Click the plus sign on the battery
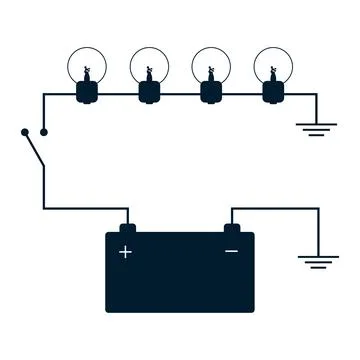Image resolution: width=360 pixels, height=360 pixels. pyautogui.click(x=125, y=251)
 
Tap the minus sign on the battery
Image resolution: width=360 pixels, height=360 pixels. pyautogui.click(x=231, y=251)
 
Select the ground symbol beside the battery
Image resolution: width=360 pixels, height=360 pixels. pyautogui.click(x=317, y=262)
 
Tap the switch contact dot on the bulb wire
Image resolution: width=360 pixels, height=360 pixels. pyautogui.click(x=44, y=132)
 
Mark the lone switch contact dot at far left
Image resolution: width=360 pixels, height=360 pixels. pyautogui.click(x=22, y=132)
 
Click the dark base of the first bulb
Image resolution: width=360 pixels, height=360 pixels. pyautogui.click(x=87, y=94)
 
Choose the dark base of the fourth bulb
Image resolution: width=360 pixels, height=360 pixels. pyautogui.click(x=271, y=94)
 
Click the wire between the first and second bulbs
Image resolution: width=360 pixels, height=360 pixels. pyautogui.click(x=118, y=95)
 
